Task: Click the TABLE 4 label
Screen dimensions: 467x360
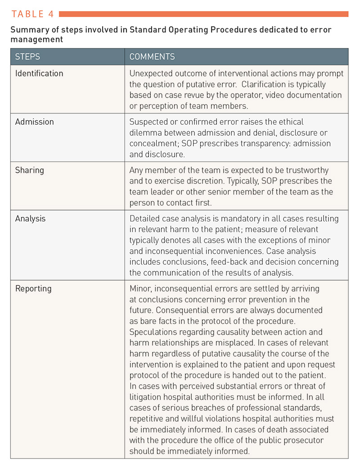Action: click(32, 14)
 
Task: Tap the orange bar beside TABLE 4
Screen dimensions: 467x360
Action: click(204, 14)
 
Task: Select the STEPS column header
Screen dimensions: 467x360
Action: click(27, 57)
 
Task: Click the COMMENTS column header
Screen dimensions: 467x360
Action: click(152, 57)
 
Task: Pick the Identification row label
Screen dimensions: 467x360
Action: click(39, 73)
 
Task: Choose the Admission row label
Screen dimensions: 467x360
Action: click(34, 122)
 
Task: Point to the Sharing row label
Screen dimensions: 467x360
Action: click(30, 171)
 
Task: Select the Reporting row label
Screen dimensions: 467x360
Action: click(33, 288)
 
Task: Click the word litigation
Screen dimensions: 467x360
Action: click(147, 397)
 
